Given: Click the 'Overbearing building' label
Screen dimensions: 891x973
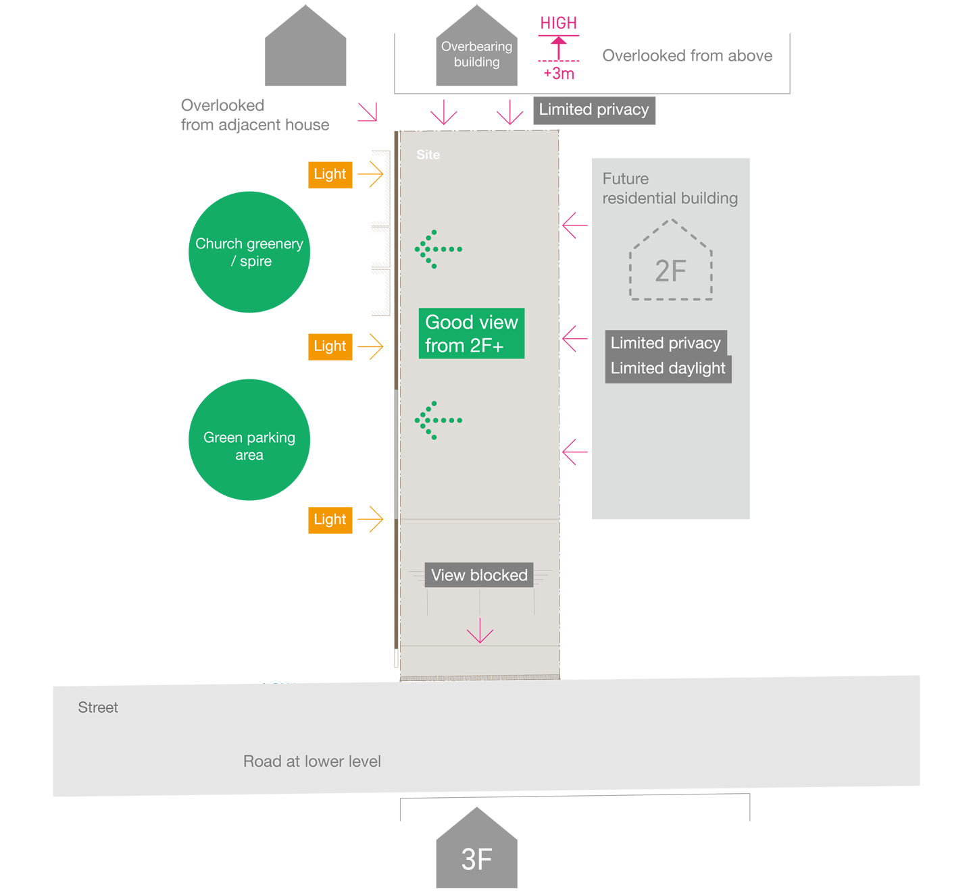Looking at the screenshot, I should pos(476,54).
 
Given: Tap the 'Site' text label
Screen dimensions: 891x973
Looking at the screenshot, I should pos(428,155).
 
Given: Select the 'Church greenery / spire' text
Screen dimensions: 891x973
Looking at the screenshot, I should pos(249,252).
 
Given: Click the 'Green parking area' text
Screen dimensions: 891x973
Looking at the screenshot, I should pos(249,446).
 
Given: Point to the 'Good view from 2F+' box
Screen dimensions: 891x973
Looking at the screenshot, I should pos(471,333).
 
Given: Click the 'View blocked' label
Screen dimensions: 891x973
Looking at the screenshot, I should pos(479,575).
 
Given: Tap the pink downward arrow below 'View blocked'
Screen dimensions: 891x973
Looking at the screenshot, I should pos(480,631).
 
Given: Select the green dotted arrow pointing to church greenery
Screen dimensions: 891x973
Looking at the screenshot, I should pos(438,249).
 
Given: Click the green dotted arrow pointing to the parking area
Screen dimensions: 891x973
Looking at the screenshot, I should pos(438,420).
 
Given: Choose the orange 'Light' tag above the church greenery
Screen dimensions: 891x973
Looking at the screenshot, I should pos(330,174).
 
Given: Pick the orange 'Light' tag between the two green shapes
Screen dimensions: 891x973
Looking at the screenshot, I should pos(330,346).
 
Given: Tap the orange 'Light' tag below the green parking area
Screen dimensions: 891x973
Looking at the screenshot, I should pos(330,520).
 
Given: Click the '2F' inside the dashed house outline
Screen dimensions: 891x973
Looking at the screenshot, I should pos(670,271).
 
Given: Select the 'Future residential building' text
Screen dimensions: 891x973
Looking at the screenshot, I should pos(670,188).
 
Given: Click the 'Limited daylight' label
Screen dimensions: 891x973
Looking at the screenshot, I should pos(668,369).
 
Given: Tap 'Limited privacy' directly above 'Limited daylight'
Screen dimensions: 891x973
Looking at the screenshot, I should pos(666,343).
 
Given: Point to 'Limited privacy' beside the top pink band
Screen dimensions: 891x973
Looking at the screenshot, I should pos(593,109).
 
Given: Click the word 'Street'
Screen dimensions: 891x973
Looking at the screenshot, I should pos(98,707).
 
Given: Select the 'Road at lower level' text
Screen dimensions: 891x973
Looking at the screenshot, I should pos(311,761).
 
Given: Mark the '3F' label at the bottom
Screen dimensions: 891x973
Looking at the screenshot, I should pos(476,859).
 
